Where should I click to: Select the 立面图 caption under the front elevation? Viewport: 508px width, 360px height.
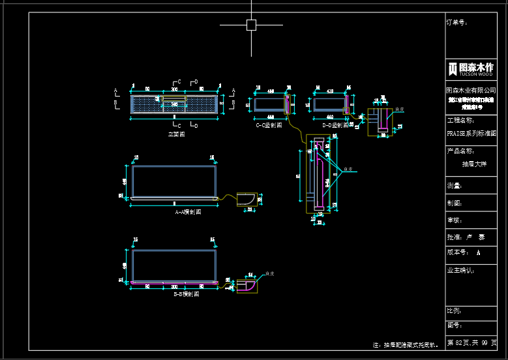(x=176, y=134)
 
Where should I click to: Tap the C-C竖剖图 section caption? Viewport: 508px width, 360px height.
(x=269, y=125)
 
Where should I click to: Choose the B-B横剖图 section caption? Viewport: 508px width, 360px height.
(x=187, y=294)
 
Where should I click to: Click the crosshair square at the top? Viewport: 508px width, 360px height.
(x=251, y=25)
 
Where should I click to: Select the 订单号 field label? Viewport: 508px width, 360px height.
(x=456, y=22)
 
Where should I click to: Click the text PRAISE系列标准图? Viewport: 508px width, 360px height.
(x=471, y=132)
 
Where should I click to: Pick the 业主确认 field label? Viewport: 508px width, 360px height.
(x=460, y=269)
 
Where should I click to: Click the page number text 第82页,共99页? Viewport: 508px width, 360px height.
(x=471, y=342)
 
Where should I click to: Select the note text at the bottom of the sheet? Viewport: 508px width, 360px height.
(x=405, y=344)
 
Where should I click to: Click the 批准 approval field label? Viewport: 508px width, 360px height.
(x=455, y=237)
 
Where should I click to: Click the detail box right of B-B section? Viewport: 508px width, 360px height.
(x=247, y=285)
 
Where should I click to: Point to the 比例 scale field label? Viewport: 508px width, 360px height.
(x=455, y=310)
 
